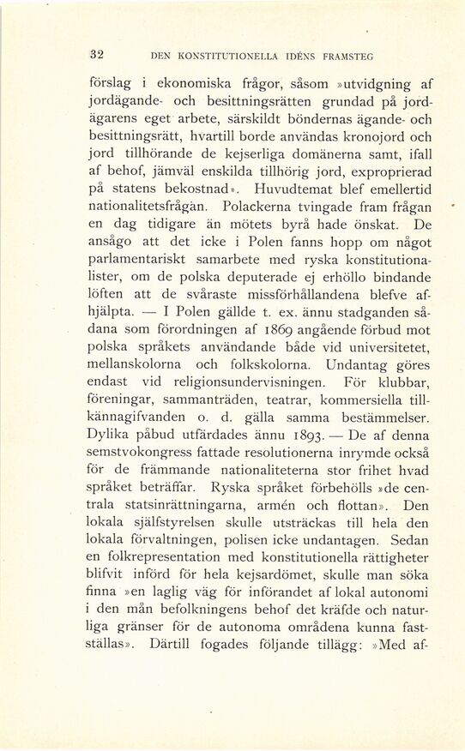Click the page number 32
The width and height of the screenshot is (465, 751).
point(97,54)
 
